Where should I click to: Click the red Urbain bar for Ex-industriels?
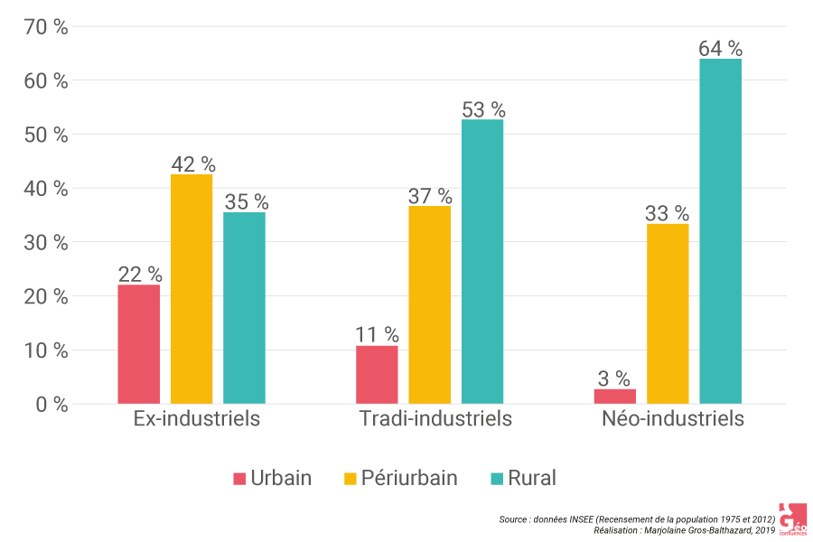[x=138, y=344]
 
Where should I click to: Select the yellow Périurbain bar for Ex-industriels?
[x=192, y=289]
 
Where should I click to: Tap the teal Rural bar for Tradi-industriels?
[x=482, y=262]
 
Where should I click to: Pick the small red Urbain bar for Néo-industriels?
[x=614, y=397]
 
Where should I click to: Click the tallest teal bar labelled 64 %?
[x=720, y=231]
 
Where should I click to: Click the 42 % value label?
[x=192, y=164]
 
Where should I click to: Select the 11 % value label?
[x=377, y=335]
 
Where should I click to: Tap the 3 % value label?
[x=614, y=378]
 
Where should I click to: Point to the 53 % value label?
[x=483, y=109]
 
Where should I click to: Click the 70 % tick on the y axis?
[x=45, y=27]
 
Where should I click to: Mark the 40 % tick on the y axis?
[x=45, y=189]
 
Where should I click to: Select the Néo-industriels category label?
[x=673, y=419]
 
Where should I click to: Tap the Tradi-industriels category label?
[x=435, y=419]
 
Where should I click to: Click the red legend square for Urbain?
[x=239, y=479]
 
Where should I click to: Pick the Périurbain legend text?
[x=409, y=479]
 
